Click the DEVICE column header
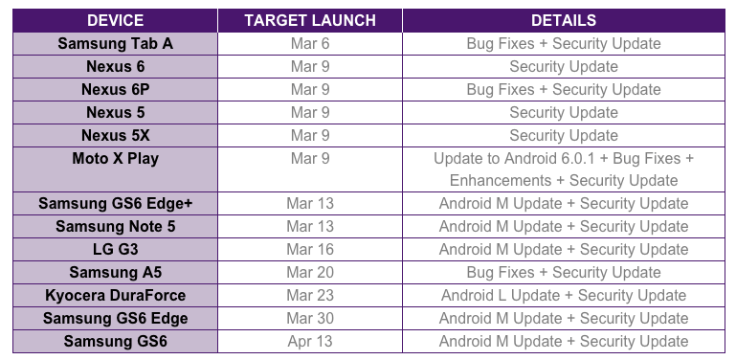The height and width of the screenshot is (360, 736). point(115,20)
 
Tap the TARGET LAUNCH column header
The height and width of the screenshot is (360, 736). point(310,20)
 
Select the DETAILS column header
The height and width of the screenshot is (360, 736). point(564,20)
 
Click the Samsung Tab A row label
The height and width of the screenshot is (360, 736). point(115,43)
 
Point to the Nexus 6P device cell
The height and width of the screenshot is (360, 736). point(115,89)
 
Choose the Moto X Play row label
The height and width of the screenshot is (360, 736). point(115,158)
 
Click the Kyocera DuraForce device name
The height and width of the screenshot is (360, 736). point(115,295)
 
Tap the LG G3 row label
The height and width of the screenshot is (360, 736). point(115,249)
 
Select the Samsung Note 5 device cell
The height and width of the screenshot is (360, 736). point(115,226)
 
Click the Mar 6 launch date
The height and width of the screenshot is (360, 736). point(310,43)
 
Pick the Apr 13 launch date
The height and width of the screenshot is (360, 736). point(310,341)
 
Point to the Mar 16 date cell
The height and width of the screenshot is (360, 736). point(310,249)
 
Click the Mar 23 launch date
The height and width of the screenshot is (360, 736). point(310,295)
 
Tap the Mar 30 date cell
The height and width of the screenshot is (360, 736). point(310,318)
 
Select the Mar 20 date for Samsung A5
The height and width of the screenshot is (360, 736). point(310,272)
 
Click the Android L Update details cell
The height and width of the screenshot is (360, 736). point(564,295)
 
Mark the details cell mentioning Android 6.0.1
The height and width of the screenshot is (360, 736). point(564,169)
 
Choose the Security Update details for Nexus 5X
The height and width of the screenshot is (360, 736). point(564,135)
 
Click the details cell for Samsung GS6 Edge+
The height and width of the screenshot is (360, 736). point(564,203)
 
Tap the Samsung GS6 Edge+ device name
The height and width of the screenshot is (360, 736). point(115,203)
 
